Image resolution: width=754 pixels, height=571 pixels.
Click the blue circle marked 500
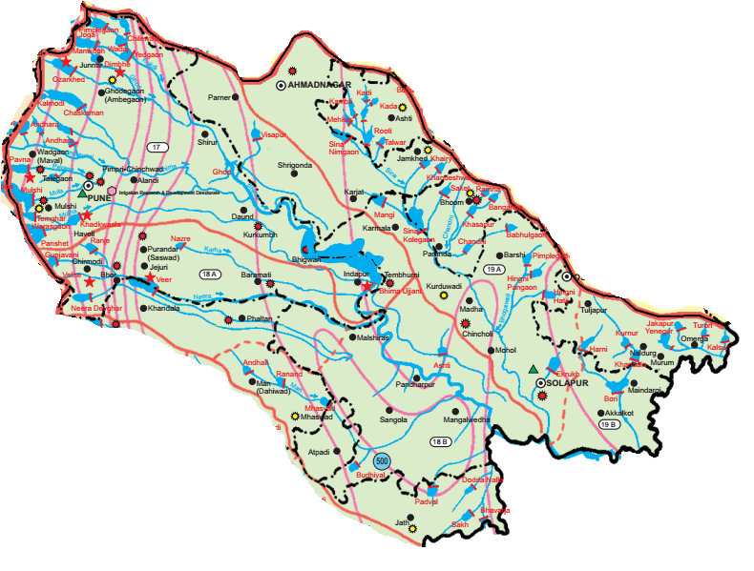coord(382,460)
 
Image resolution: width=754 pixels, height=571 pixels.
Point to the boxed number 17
coord(157,147)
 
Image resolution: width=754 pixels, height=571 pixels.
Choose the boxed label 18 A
coord(210,275)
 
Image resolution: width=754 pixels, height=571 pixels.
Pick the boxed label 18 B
coord(439,441)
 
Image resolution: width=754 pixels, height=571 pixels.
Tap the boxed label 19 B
coord(607,424)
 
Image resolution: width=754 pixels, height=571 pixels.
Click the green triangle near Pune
coord(82,194)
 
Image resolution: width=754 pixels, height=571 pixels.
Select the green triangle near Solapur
coord(532,369)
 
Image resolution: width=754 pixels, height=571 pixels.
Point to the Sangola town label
coord(393,419)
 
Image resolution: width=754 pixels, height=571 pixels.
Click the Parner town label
coord(220,97)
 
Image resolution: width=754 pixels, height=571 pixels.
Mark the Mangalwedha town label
coord(467,419)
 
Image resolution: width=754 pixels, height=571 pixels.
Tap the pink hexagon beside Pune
coord(113,191)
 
